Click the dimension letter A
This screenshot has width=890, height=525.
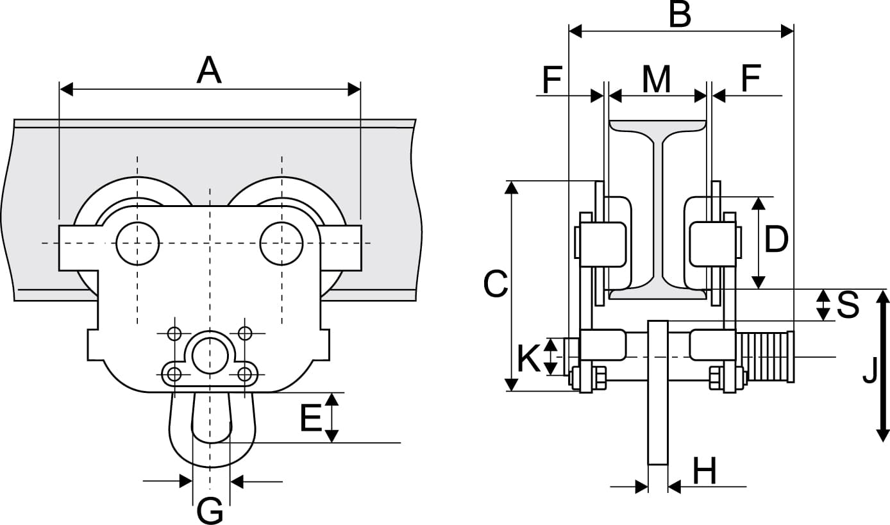[x=209, y=70]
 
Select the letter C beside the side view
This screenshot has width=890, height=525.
[x=496, y=285]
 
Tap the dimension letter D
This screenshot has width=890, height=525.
[x=776, y=240]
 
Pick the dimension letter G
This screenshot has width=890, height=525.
[x=210, y=511]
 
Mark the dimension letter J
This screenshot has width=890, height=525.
[x=869, y=371]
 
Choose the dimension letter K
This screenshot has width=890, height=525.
[x=529, y=358]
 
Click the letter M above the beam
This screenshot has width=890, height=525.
[x=657, y=79]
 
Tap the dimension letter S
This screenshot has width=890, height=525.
[x=848, y=306]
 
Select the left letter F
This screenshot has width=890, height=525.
[x=552, y=79]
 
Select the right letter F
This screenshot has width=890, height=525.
[x=750, y=79]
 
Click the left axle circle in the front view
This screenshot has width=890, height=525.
[x=138, y=243]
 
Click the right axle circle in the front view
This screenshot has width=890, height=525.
[x=281, y=243]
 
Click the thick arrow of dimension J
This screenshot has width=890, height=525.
[x=883, y=365]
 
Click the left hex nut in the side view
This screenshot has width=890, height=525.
[x=598, y=378]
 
